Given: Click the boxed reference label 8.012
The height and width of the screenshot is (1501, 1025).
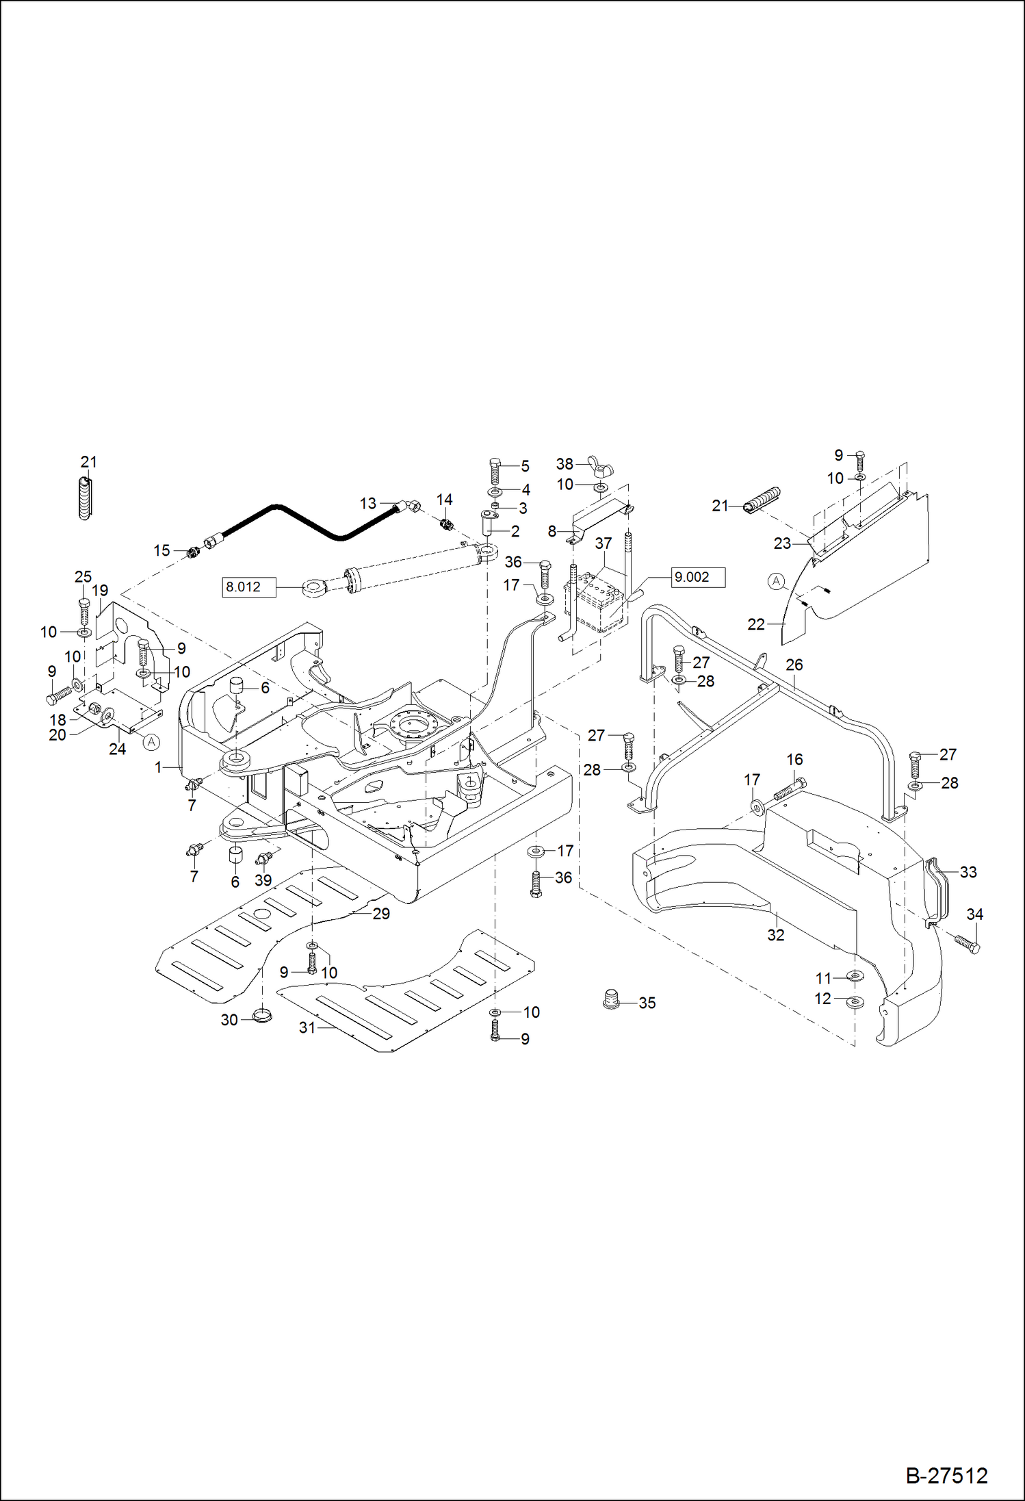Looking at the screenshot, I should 248,587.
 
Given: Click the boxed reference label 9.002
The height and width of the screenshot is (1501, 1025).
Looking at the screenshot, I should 697,577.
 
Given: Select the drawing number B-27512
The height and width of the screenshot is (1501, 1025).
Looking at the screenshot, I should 946,1476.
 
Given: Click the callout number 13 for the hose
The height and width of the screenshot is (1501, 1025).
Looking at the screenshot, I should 368,503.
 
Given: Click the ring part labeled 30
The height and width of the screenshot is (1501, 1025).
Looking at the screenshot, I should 261,1015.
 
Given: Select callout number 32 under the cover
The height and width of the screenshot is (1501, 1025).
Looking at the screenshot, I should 775,935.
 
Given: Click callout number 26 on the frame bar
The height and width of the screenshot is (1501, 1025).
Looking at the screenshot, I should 794,665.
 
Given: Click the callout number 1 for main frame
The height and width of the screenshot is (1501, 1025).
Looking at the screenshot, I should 159,767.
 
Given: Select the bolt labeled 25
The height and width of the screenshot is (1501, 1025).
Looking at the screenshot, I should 84,611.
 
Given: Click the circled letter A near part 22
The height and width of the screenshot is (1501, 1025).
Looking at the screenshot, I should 775,582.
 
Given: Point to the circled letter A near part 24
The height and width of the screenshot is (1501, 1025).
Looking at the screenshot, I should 152,742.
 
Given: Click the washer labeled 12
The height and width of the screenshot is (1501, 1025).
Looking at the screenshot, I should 854,1002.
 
